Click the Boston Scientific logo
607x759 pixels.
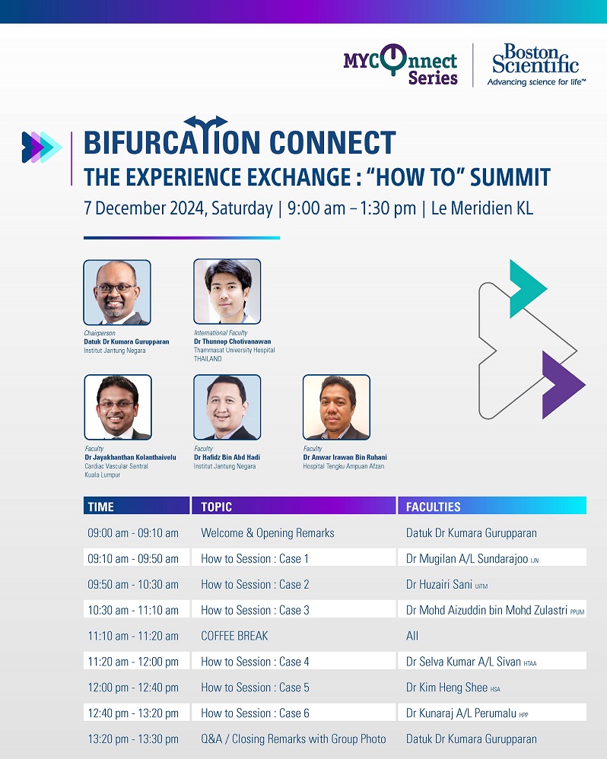(x=536, y=65)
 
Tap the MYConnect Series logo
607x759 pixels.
(x=400, y=65)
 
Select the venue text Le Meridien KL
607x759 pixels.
(x=482, y=208)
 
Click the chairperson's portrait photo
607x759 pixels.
(x=117, y=292)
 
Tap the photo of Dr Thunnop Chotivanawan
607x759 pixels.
(x=227, y=291)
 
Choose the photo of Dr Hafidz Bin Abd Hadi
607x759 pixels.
(x=227, y=407)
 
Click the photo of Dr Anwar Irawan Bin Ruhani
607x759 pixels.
(x=336, y=407)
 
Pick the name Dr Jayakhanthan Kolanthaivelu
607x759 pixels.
(x=130, y=457)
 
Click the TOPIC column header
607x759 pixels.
(x=216, y=507)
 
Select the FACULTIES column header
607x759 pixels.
(x=434, y=507)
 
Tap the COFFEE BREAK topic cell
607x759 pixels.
(x=234, y=636)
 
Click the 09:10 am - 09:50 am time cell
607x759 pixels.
(x=133, y=558)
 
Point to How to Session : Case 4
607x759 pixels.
(x=255, y=662)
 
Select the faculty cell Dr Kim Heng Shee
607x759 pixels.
(x=447, y=688)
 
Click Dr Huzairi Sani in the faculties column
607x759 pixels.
(x=439, y=584)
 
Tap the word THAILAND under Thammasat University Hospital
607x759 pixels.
(x=208, y=359)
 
